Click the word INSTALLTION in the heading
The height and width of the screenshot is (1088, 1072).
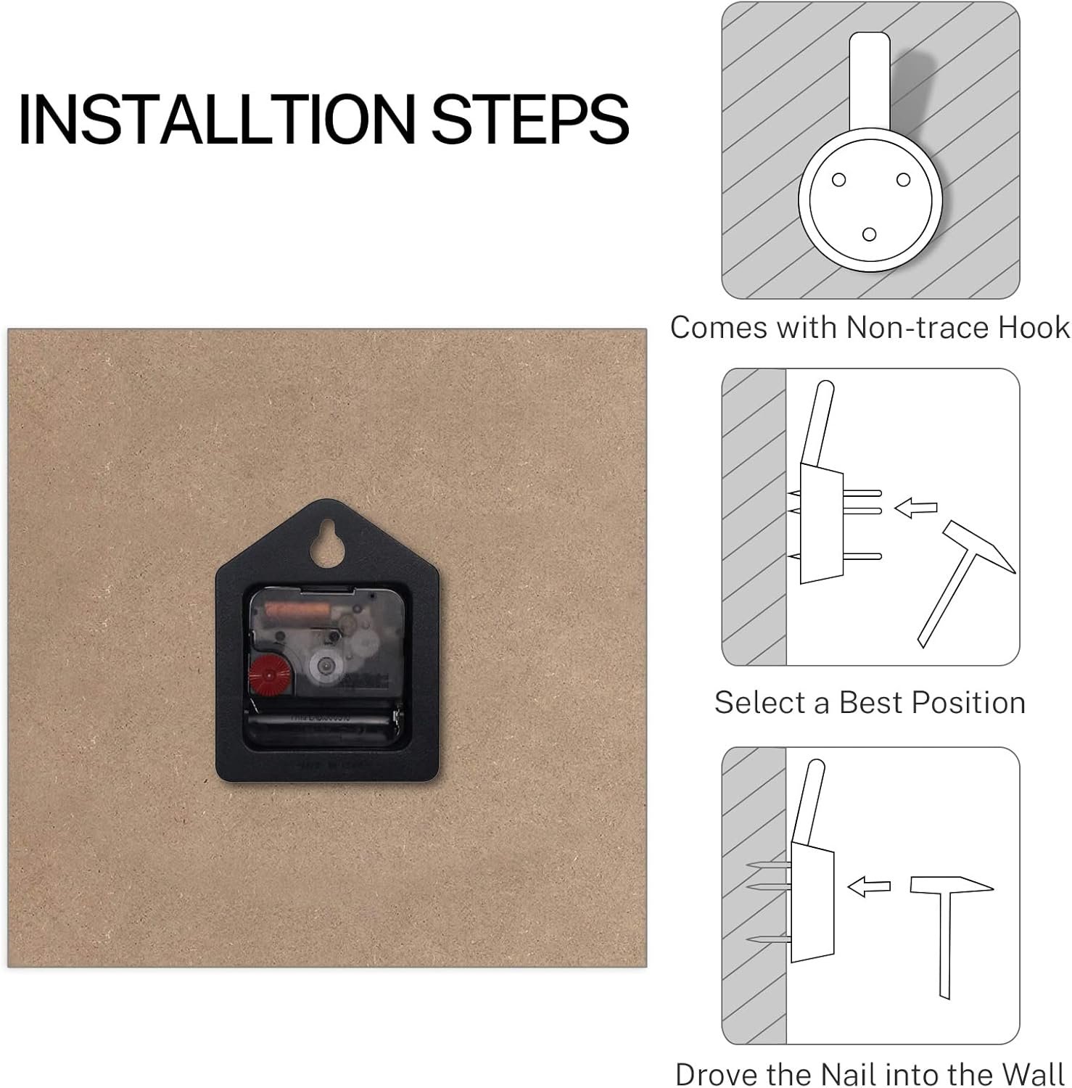pyautogui.click(x=218, y=119)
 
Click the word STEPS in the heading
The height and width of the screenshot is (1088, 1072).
pyautogui.click(x=530, y=119)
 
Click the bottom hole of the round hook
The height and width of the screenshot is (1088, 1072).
pyautogui.click(x=869, y=234)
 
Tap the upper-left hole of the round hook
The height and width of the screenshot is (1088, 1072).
pyautogui.click(x=838, y=180)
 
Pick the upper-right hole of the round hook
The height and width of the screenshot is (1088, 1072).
pyautogui.click(x=903, y=179)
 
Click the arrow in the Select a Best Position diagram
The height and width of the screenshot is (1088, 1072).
pyautogui.click(x=915, y=508)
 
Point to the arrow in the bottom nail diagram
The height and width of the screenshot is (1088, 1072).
pyautogui.click(x=869, y=886)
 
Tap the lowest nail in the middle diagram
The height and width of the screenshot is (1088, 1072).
pyautogui.click(x=834, y=557)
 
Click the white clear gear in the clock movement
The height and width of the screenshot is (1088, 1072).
pyautogui.click(x=323, y=664)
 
